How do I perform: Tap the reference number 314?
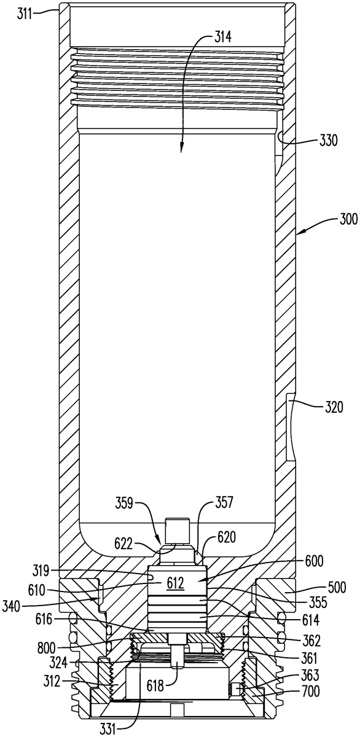(223, 37)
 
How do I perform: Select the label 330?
(328, 141)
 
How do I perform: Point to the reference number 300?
(347, 219)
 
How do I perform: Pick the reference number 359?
(123, 504)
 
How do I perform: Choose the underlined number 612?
(174, 583)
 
